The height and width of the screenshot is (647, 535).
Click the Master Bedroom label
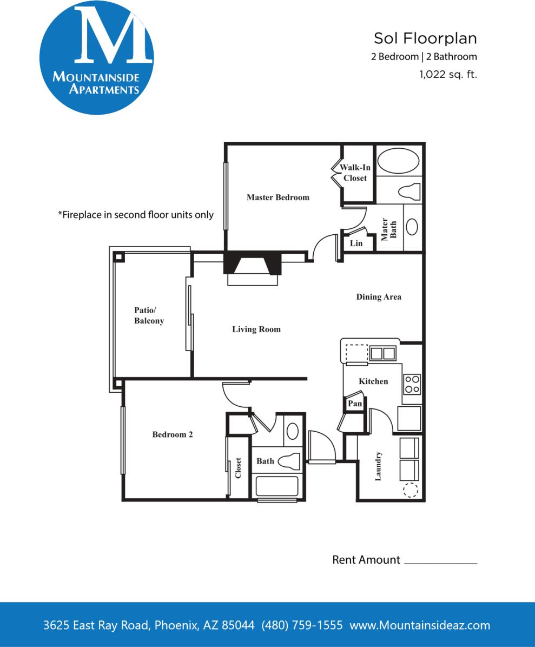[278, 197]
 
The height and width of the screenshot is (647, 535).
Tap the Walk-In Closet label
[355, 173]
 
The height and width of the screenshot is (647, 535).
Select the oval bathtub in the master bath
[398, 161]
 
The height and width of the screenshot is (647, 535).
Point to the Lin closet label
[356, 243]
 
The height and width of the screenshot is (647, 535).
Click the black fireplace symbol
[253, 263]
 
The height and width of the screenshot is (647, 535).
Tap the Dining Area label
[379, 296]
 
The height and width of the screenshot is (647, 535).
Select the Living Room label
[256, 329]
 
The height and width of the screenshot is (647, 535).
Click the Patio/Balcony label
[149, 315]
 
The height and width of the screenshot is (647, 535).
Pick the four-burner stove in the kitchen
[412, 384]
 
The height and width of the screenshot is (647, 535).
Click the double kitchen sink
[382, 354]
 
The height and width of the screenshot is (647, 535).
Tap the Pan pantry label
[355, 404]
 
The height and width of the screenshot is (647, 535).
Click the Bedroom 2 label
[173, 434]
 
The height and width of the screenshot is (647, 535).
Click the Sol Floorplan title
[425, 38]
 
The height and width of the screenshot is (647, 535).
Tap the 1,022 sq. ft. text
[448, 75]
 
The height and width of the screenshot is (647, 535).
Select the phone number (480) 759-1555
[302, 625]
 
